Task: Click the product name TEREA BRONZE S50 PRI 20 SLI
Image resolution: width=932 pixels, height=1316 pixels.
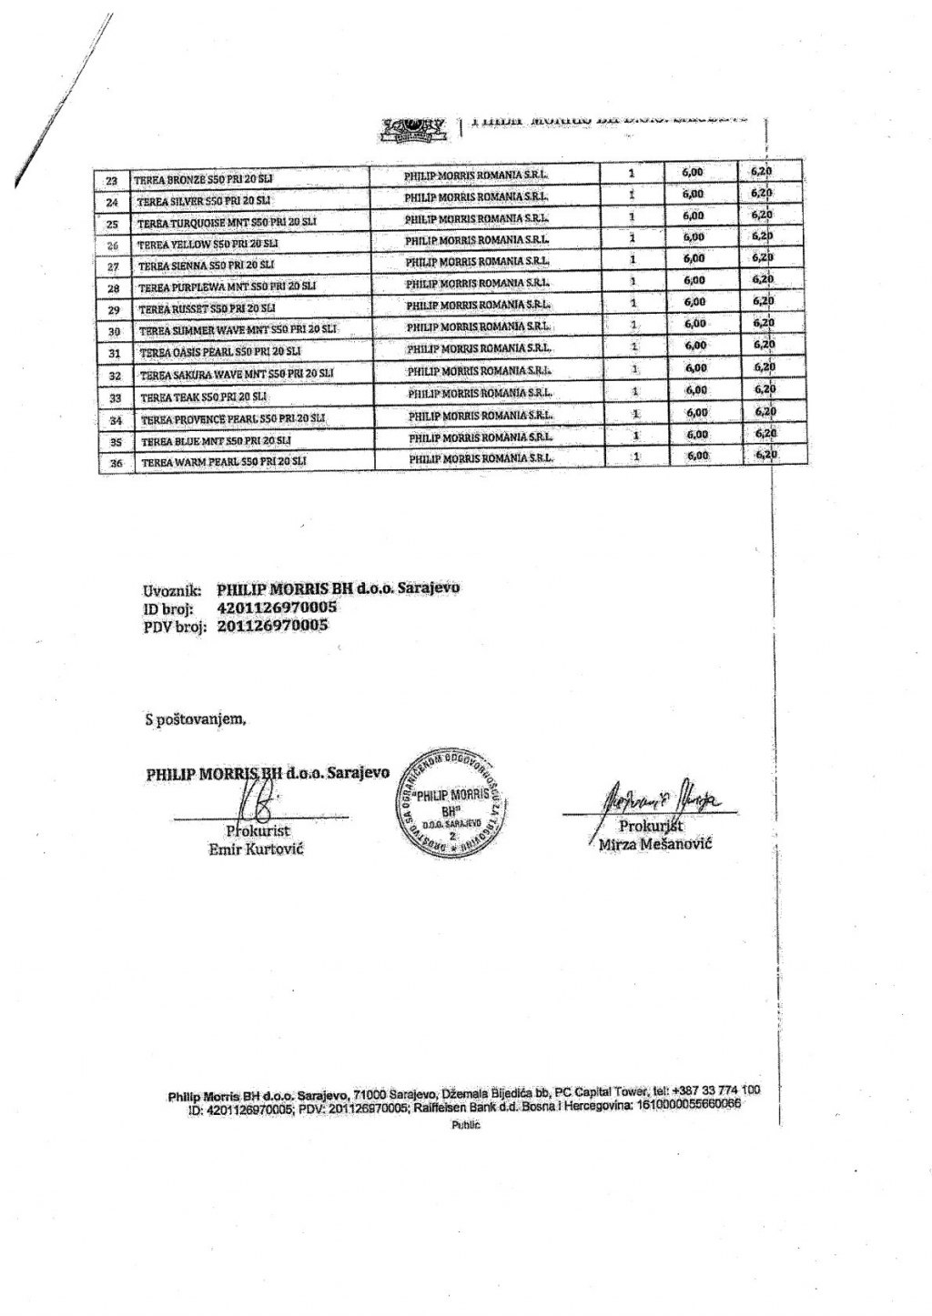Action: coord(203,179)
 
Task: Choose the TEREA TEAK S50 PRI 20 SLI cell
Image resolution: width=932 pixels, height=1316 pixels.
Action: coord(204,397)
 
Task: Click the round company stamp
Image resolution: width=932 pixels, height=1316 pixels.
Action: coord(446,798)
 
